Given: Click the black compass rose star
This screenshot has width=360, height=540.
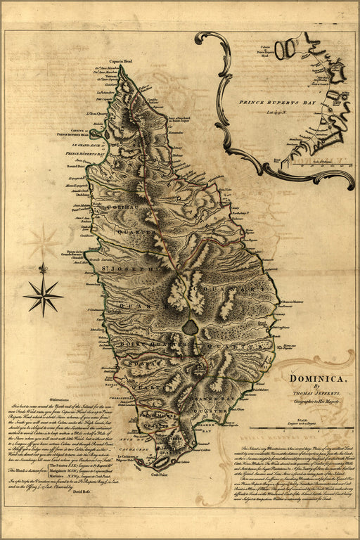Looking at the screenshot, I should click(x=43, y=295).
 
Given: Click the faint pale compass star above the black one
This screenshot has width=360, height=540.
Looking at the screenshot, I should click(x=44, y=241).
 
